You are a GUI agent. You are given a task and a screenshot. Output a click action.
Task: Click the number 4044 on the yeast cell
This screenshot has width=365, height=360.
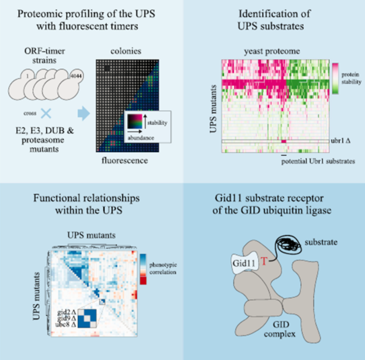[x=76, y=76]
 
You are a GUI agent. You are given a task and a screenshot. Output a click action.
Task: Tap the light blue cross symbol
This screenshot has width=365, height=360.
[x=46, y=113]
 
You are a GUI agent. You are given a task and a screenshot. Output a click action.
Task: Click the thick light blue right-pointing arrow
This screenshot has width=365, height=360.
[x=83, y=113]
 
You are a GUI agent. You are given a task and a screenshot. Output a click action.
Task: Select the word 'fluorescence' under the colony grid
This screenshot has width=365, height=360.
[x=125, y=160]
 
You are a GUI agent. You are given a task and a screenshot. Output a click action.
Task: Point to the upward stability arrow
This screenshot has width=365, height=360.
[x=145, y=121]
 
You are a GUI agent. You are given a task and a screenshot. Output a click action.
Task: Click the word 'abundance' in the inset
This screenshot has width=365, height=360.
[x=140, y=138]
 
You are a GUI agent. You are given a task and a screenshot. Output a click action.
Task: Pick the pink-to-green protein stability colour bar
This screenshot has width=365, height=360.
[x=335, y=79]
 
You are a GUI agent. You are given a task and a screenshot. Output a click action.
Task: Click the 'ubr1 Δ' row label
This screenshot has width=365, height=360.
[x=341, y=141]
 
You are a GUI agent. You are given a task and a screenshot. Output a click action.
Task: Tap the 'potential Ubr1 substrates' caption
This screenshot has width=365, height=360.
[x=318, y=161]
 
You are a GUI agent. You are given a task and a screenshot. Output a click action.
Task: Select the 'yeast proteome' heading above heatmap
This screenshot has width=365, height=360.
[x=272, y=51]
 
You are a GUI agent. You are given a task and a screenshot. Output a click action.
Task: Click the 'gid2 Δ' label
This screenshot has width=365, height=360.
[x=67, y=312]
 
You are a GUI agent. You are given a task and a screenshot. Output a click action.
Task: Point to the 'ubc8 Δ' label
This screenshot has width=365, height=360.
[x=66, y=324]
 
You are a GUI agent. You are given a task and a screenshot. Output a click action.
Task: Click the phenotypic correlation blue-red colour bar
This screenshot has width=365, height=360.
[x=143, y=269]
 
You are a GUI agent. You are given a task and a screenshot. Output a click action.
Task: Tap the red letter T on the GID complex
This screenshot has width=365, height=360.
[x=264, y=261]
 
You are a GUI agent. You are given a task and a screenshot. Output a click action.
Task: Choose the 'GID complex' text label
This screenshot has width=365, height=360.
[x=280, y=329]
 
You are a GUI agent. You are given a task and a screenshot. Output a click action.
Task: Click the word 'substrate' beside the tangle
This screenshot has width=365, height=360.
[x=321, y=242]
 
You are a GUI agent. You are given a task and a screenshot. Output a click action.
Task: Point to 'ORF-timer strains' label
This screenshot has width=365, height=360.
[x=44, y=56]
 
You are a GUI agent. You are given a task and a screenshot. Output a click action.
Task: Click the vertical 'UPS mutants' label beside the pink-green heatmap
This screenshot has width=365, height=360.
[x=213, y=109]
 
